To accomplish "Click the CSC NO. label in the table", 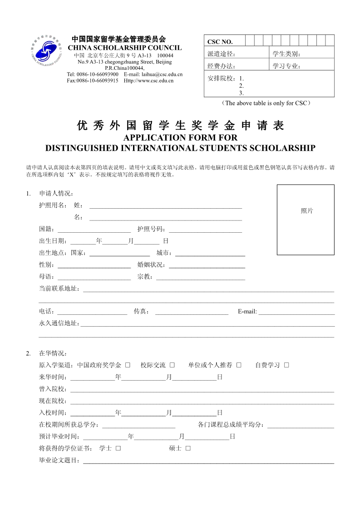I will point(220,42).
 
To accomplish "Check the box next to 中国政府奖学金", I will point(128,365).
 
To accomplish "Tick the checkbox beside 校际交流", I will point(173,365).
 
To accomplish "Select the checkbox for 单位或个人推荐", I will point(239,365).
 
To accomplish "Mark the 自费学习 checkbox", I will point(286,365).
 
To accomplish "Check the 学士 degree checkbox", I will point(118,448).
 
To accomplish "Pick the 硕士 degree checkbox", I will point(188,448).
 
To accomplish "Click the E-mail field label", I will point(247,311).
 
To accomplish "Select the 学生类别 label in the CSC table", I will point(286,54).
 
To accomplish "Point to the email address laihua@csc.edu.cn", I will point(162,74).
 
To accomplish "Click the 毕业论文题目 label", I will point(59,460).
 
